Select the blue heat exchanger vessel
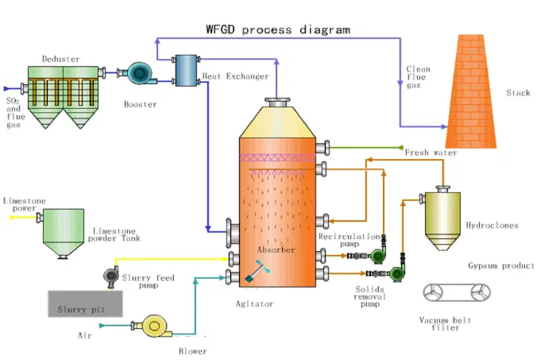pos(187,69)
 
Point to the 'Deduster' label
pos(60,58)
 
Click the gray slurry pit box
pos(84,302)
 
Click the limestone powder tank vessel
pos(64,230)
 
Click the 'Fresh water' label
pos(431,153)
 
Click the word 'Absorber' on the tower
pos(276,250)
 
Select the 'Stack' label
pos(518,93)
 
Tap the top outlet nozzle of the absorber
pos(277,101)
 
